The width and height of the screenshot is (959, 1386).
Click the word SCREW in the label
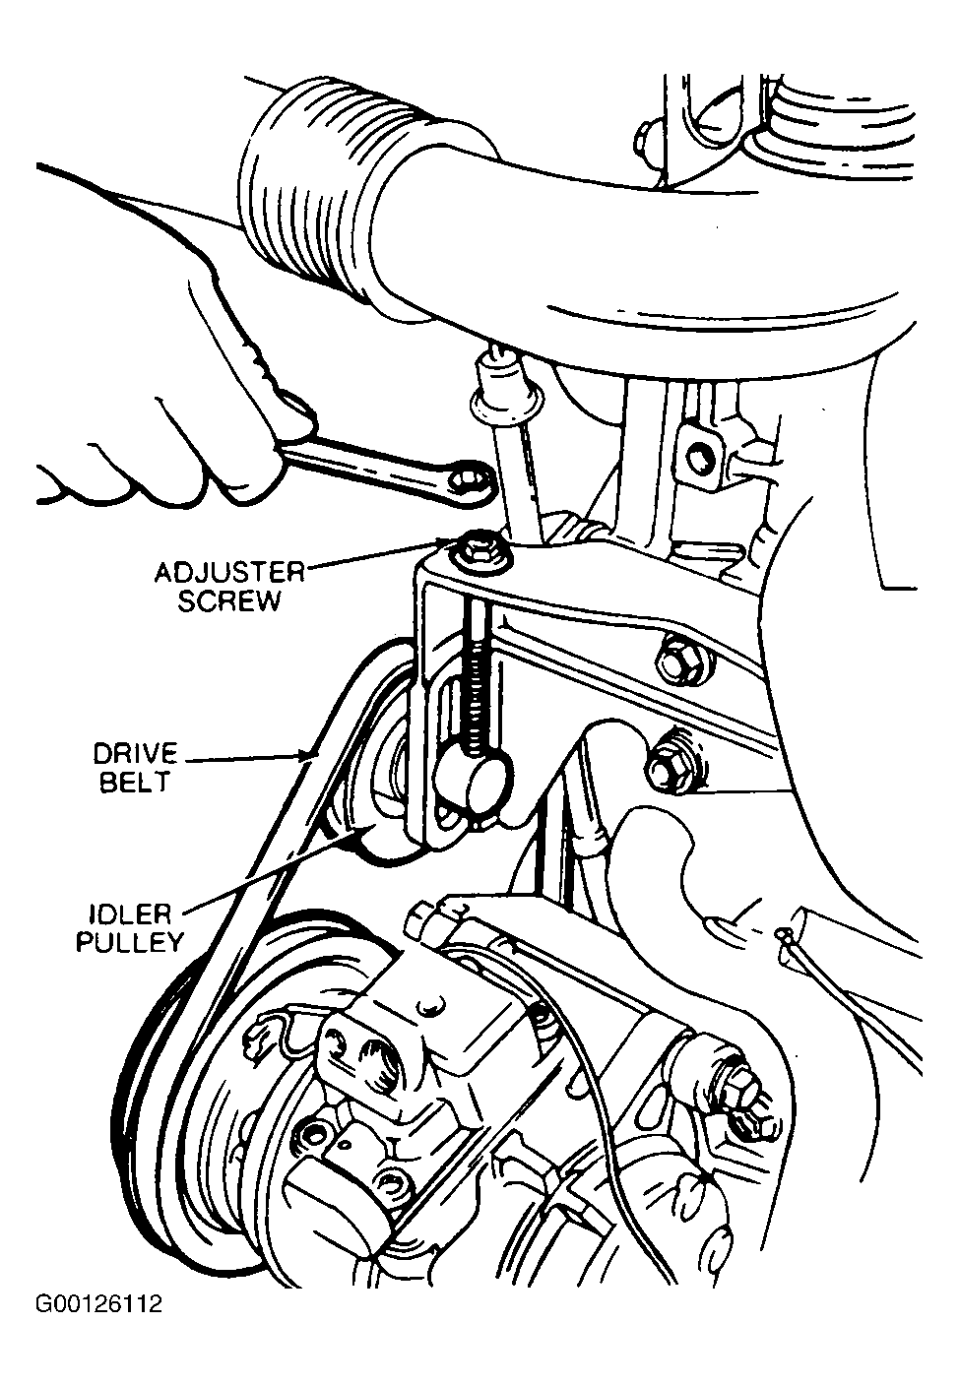point(228,600)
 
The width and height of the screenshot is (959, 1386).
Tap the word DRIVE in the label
point(135,755)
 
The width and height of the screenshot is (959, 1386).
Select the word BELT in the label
point(135,783)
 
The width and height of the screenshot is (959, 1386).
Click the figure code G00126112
point(97,1305)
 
